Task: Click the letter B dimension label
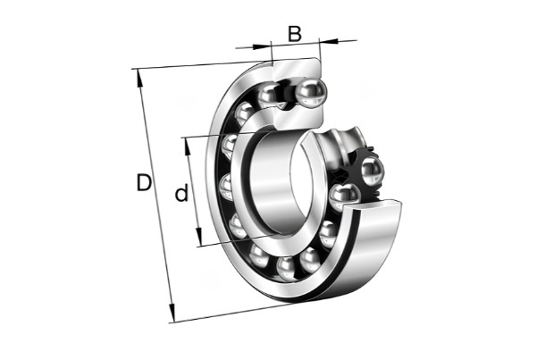tap(295, 34)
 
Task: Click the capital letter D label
tap(144, 182)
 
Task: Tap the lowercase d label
tap(181, 192)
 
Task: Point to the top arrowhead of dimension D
tap(140, 78)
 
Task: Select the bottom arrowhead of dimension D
tap(172, 314)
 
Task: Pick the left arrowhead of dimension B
tap(262, 46)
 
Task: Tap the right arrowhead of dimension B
tap(329, 41)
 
